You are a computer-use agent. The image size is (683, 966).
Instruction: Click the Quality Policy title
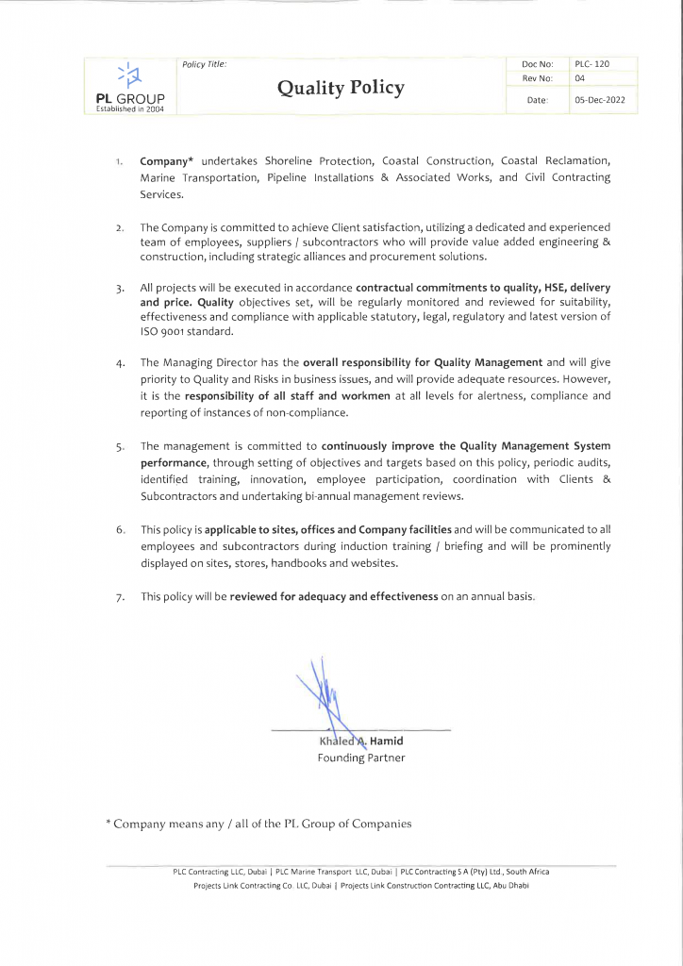[x=341, y=88]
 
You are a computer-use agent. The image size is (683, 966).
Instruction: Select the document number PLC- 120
[x=591, y=64]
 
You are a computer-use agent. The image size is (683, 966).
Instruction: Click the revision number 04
[x=580, y=79]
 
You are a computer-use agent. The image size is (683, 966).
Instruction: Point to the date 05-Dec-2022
[x=599, y=99]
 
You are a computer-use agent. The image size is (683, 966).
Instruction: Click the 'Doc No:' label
[x=537, y=64]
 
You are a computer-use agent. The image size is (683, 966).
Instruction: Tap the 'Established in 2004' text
[x=130, y=109]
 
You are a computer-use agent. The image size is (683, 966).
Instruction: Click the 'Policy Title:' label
[x=204, y=64]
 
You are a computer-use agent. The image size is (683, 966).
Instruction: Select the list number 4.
[x=121, y=362]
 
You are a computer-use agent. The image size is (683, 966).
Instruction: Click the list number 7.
[x=121, y=597]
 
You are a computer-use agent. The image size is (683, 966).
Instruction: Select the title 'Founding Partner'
[x=360, y=758]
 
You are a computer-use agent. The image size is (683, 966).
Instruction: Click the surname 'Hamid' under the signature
[x=386, y=741]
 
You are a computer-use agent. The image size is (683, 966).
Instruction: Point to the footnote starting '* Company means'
[x=258, y=824]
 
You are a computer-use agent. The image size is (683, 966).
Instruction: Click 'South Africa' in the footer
[x=526, y=872]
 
